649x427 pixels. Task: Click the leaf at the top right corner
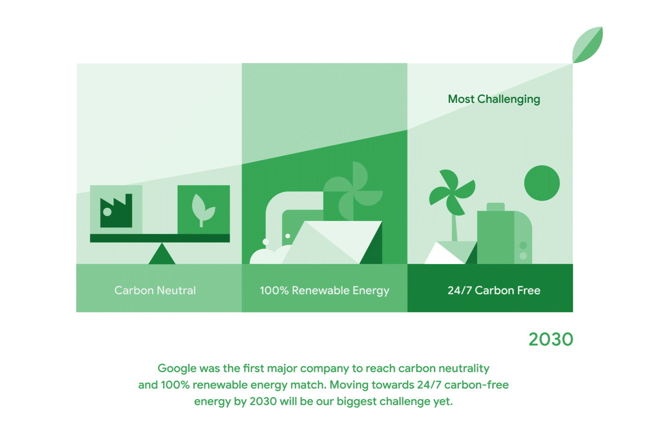(588, 45)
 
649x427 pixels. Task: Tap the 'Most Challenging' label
(494, 100)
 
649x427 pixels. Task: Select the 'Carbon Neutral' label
(155, 290)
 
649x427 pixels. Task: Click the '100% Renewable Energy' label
(324, 291)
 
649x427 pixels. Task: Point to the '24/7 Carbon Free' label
(494, 290)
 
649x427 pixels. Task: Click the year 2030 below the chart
(551, 339)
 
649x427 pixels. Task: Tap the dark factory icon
(116, 210)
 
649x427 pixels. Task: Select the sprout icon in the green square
(204, 210)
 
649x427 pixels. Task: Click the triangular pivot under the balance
(162, 254)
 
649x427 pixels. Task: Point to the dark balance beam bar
(160, 238)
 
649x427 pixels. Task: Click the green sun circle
(542, 183)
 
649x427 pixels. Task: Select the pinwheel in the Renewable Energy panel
(353, 191)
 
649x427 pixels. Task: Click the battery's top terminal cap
(496, 207)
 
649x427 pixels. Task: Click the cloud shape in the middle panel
(270, 254)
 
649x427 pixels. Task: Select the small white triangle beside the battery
(444, 253)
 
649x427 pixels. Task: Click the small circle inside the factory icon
(107, 212)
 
